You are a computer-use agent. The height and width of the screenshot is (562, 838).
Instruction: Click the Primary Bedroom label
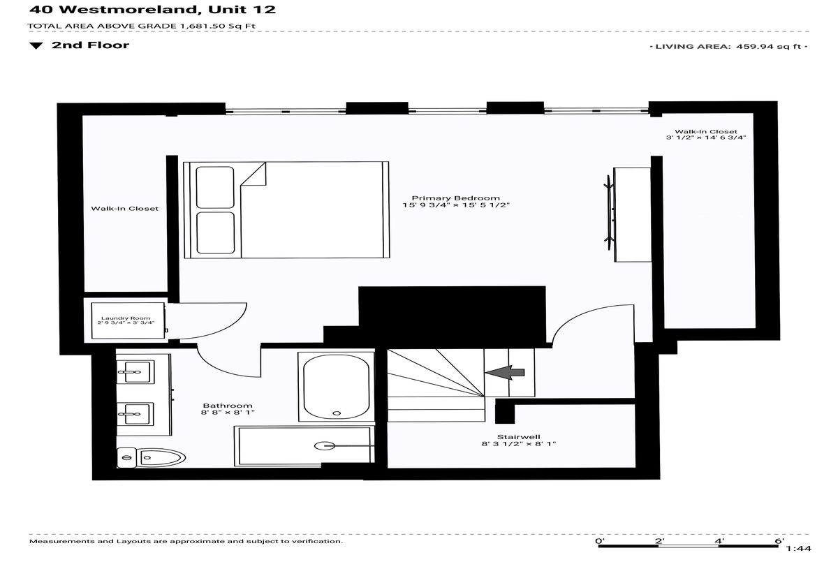coord(455,198)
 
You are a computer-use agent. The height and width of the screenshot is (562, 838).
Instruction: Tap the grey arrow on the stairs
coord(505,372)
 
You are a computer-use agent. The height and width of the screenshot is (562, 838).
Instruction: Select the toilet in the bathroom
coord(151,457)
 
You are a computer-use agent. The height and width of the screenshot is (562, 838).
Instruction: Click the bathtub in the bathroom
coord(337,387)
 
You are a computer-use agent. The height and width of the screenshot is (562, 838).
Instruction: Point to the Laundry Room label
coord(126,318)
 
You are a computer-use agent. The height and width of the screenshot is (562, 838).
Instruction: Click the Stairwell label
coord(518,437)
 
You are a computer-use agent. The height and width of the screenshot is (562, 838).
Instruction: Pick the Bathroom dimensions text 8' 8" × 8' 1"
coord(228,413)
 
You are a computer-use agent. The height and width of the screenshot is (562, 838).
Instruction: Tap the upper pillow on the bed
coord(215,187)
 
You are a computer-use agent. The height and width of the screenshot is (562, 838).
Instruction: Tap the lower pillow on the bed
coord(216,233)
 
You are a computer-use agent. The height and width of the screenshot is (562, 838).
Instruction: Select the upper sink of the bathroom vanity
coord(135,372)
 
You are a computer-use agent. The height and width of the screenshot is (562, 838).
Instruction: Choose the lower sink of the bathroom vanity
coord(135,414)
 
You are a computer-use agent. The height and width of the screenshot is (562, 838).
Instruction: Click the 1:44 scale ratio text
coord(798,549)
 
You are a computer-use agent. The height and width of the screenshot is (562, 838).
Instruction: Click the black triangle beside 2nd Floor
coord(36,46)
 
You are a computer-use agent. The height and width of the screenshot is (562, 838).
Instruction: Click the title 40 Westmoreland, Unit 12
coord(153,9)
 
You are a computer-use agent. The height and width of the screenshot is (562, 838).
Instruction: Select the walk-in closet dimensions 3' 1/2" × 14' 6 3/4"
coord(706,138)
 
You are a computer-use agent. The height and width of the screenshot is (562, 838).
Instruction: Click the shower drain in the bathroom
coord(324,445)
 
